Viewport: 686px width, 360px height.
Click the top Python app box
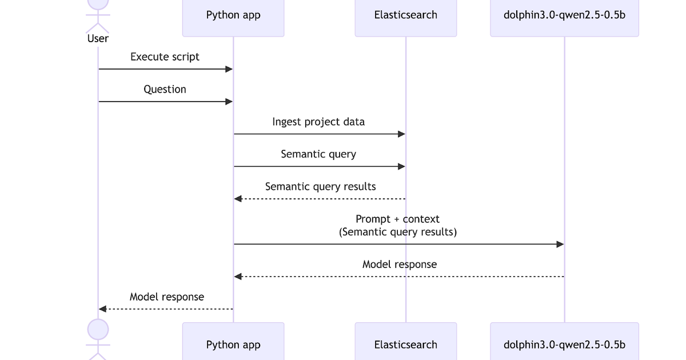[233, 16]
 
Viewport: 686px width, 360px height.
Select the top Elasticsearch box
[406, 16]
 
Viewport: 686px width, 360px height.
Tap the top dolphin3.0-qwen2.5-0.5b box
[564, 16]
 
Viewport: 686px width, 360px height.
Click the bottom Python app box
[233, 343]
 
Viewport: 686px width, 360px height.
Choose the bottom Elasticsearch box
[406, 343]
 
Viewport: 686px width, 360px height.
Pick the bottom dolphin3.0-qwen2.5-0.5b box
[564, 343]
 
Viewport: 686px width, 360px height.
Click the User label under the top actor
[98, 38]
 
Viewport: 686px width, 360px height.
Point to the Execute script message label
[165, 57]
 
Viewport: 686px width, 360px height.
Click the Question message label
[165, 89]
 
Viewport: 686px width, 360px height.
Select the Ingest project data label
[318, 122]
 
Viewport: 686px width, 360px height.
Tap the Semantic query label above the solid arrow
[318, 154]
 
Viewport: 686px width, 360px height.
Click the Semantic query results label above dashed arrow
[320, 187]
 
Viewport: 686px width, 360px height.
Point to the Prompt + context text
[398, 219]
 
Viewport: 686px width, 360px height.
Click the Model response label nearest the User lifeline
[166, 297]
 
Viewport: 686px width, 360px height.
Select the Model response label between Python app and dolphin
[399, 265]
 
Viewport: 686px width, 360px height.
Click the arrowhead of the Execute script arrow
[229, 69]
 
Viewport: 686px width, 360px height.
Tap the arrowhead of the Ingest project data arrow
[402, 134]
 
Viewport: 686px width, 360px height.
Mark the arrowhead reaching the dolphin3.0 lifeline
[560, 245]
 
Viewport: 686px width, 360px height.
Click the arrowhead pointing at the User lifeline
[102, 309]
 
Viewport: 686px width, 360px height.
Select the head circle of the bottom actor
[98, 329]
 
